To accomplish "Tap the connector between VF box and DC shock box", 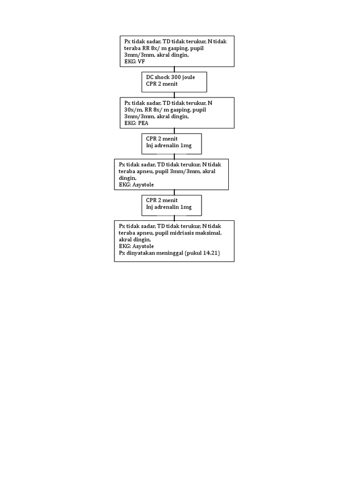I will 174,69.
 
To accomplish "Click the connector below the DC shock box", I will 174,94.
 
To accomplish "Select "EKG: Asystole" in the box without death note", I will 136,185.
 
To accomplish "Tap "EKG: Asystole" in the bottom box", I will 136,246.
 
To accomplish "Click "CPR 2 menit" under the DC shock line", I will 162,84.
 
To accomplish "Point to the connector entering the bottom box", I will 174,217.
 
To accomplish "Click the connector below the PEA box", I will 174,131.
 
